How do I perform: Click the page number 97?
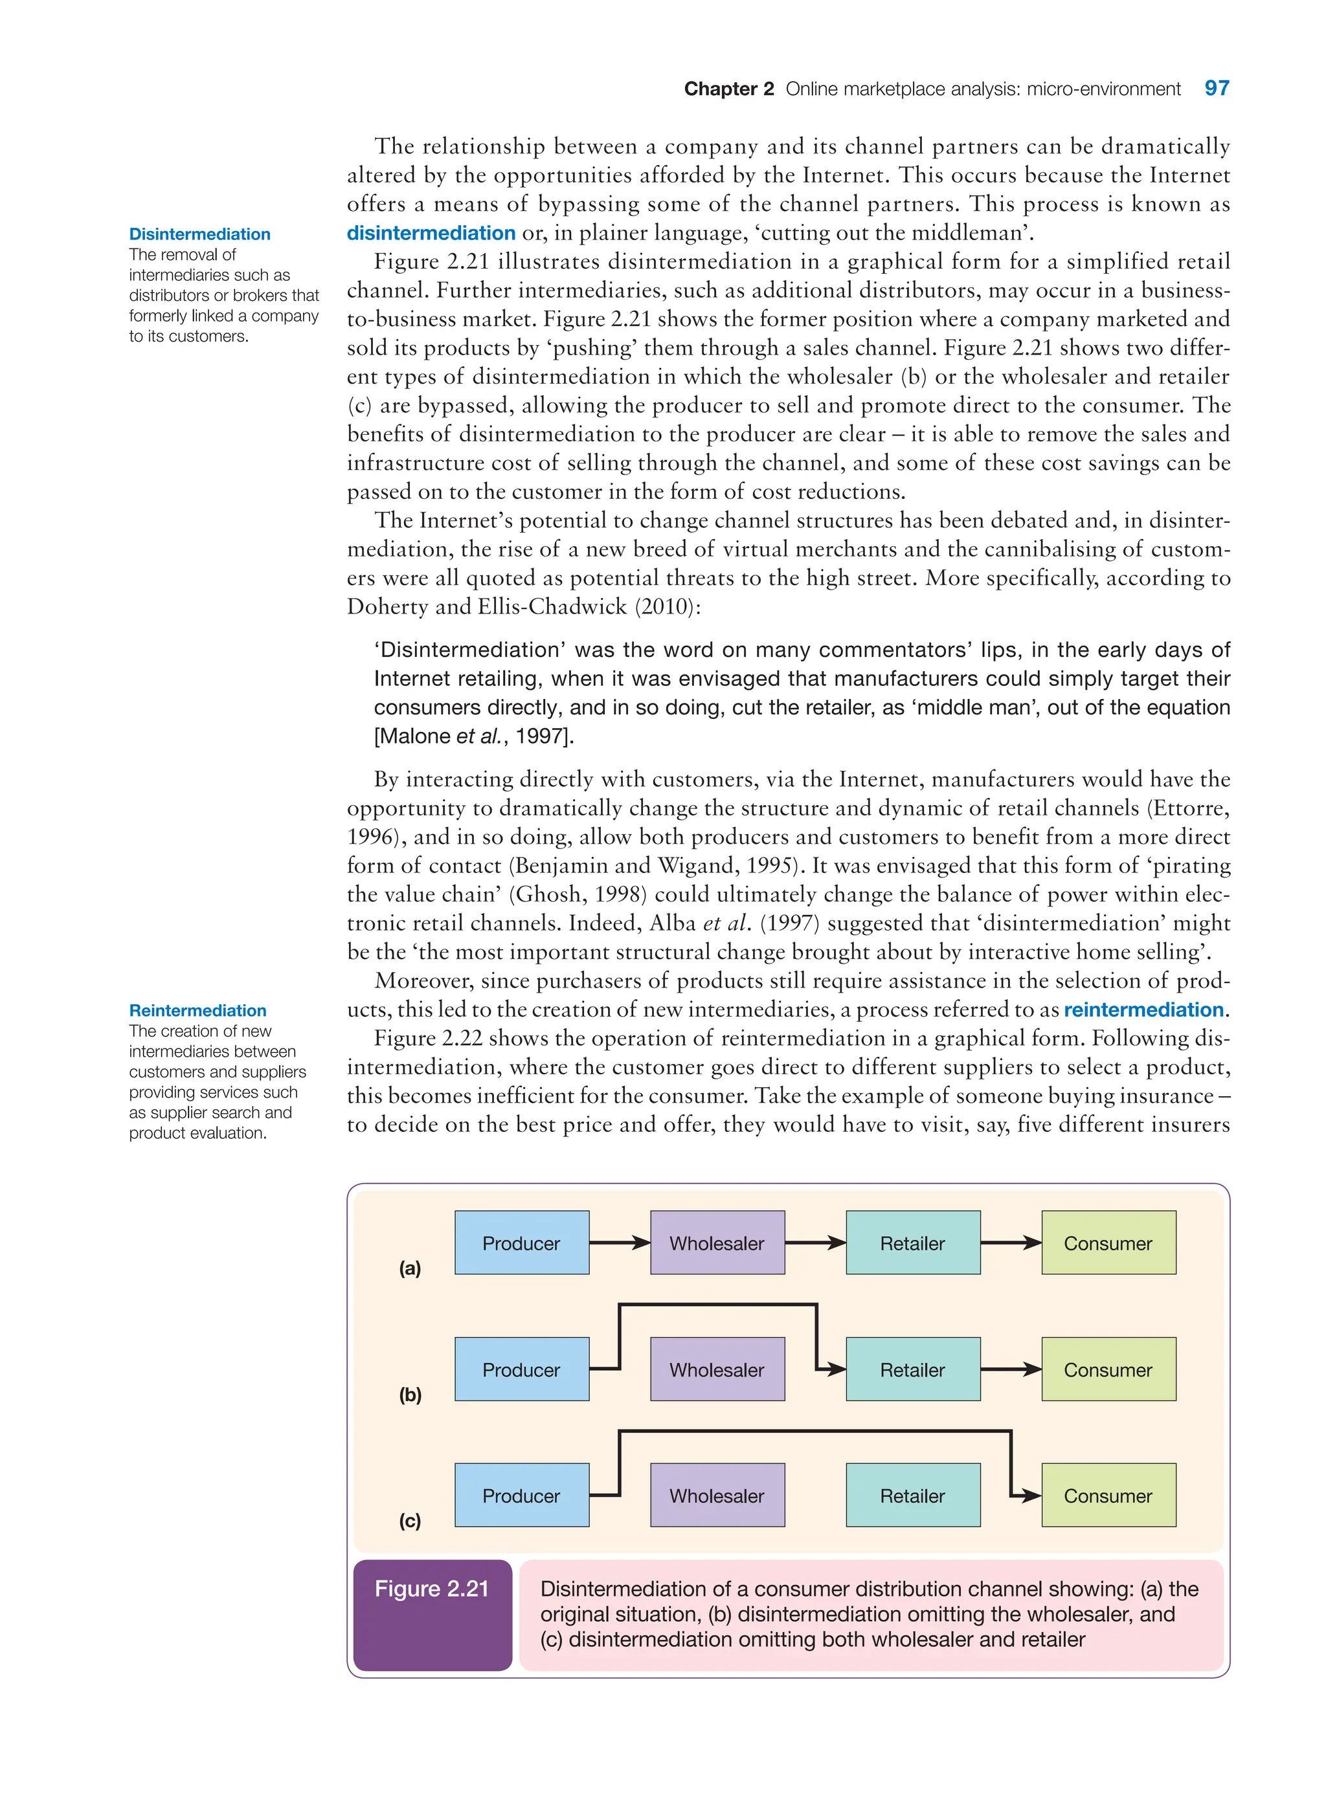point(1216,88)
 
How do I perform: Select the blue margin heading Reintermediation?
point(197,1010)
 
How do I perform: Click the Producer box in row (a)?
point(521,1243)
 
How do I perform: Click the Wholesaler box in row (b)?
point(717,1369)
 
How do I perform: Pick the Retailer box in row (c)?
point(913,1496)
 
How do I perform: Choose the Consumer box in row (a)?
point(1108,1243)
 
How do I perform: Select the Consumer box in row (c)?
point(1108,1496)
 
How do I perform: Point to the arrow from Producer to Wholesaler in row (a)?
point(619,1243)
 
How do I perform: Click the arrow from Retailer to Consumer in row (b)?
point(1011,1369)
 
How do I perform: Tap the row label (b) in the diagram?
point(410,1395)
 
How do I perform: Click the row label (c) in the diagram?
point(410,1520)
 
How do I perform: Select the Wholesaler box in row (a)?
point(717,1243)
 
